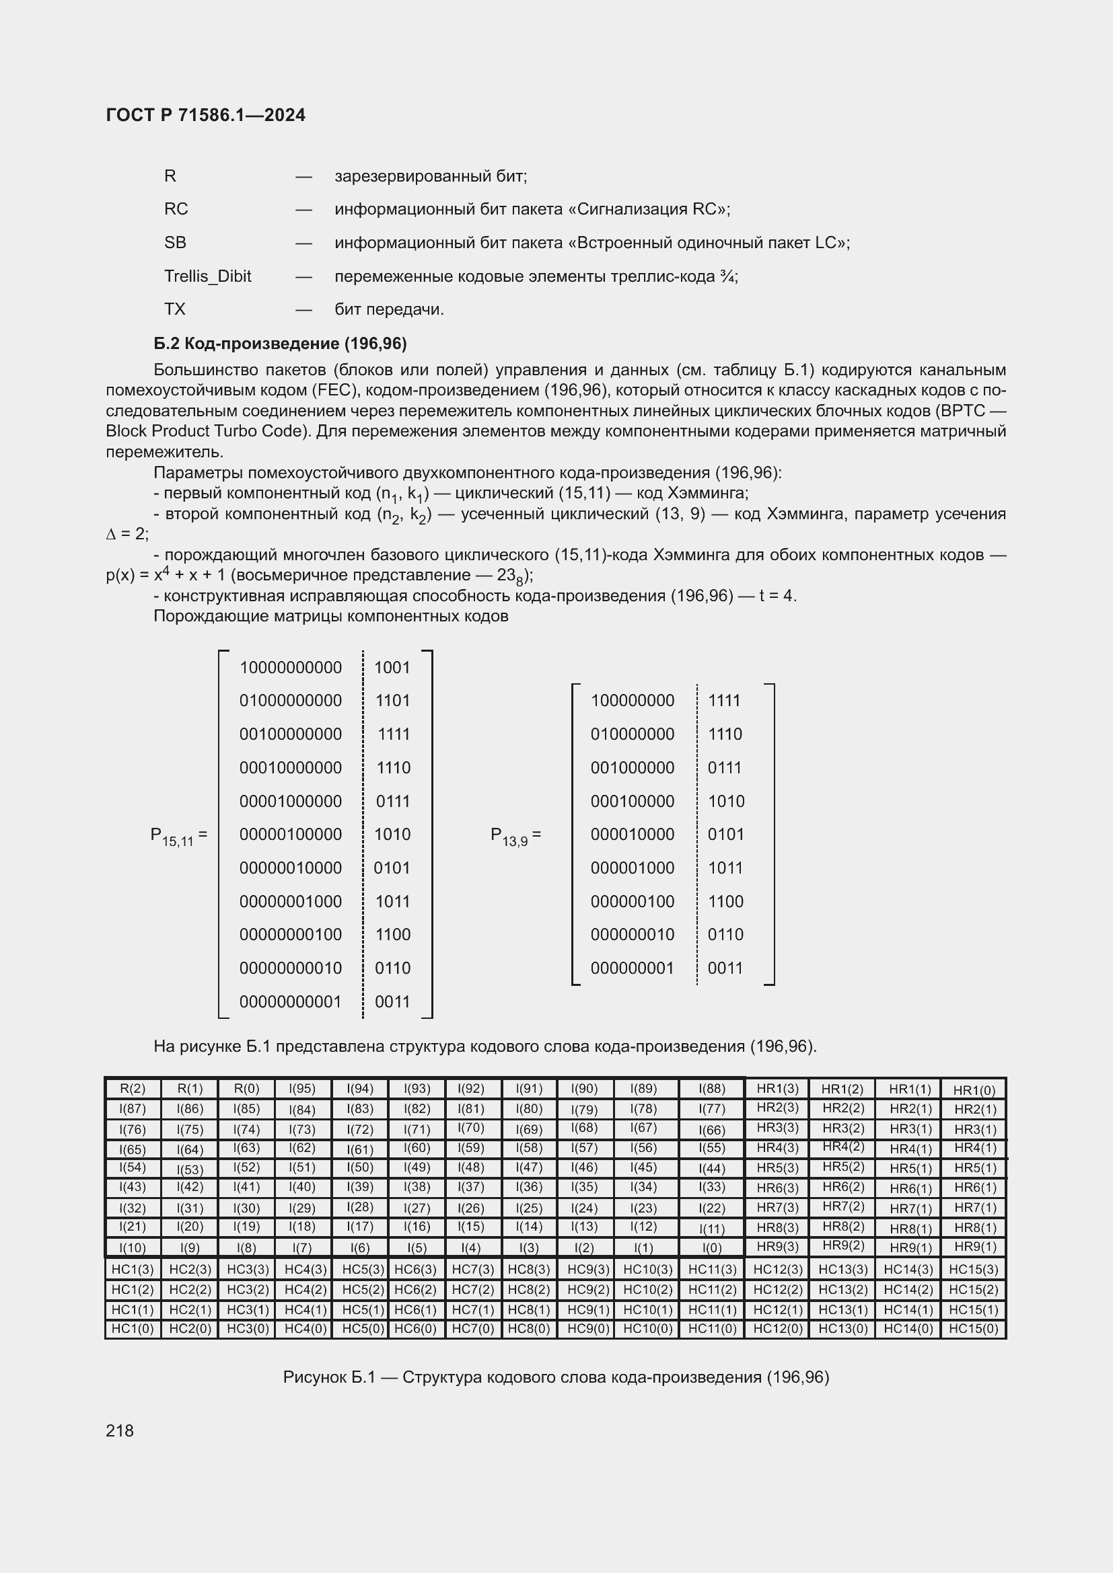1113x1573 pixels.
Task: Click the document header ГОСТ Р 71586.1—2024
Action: click(x=206, y=115)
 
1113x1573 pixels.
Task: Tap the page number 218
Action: click(x=120, y=1430)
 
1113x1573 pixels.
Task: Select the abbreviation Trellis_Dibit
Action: click(x=208, y=276)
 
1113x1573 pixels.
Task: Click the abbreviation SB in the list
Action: click(x=175, y=243)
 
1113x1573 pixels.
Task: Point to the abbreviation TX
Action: click(x=175, y=309)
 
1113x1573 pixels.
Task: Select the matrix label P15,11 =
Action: click(x=178, y=836)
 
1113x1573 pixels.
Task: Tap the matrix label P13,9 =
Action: click(x=515, y=836)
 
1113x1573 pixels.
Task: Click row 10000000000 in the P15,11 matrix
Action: click(x=291, y=667)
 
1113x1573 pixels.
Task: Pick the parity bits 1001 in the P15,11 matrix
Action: click(x=392, y=667)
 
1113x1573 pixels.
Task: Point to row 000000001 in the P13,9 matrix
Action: click(x=632, y=968)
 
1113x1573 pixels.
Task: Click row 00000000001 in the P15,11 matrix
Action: click(x=291, y=1001)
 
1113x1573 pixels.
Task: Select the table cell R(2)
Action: click(x=133, y=1089)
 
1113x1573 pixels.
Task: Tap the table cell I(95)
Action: click(x=302, y=1089)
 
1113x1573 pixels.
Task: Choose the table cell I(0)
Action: click(x=712, y=1248)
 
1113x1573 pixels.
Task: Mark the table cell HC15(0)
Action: click(x=973, y=1329)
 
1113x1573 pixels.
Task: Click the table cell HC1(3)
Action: click(x=133, y=1269)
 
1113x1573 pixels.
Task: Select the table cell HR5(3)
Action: click(x=777, y=1167)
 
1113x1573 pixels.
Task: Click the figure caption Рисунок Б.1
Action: click(x=556, y=1377)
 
